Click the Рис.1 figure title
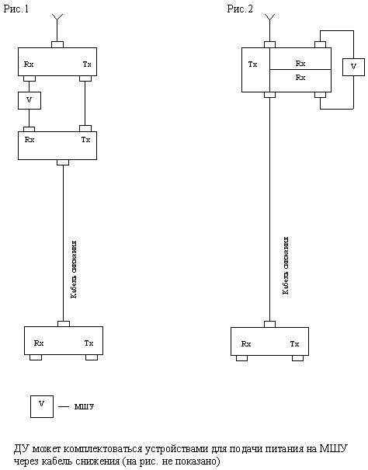click(x=16, y=9)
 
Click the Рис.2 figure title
click(x=240, y=9)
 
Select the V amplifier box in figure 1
click(x=30, y=100)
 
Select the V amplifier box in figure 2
click(x=353, y=67)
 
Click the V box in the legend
click(x=42, y=406)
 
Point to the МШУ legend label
click(x=84, y=406)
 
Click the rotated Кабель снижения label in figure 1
click(x=74, y=270)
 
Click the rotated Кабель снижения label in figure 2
click(x=286, y=266)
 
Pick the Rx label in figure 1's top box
click(x=29, y=64)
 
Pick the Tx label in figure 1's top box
click(x=87, y=64)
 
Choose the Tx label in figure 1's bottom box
click(x=89, y=343)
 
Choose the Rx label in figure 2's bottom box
click(x=246, y=344)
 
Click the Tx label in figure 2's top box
click(x=252, y=64)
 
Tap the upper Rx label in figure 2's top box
click(x=300, y=63)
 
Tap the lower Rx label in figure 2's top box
click(x=300, y=78)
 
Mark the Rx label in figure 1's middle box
click(x=30, y=139)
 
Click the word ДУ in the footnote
click(x=21, y=449)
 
